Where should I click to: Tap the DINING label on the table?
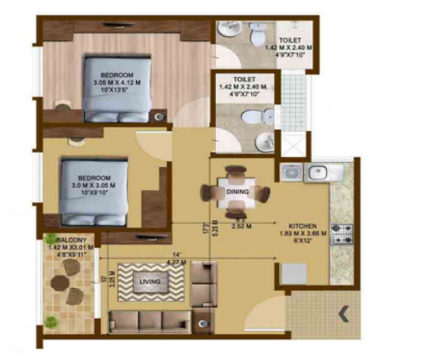(237, 192)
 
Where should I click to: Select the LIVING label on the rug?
(150, 283)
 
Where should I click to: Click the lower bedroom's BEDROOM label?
(94, 177)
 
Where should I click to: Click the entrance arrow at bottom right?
(345, 313)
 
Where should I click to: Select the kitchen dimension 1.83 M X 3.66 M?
(303, 233)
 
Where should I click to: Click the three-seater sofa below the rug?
(150, 320)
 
